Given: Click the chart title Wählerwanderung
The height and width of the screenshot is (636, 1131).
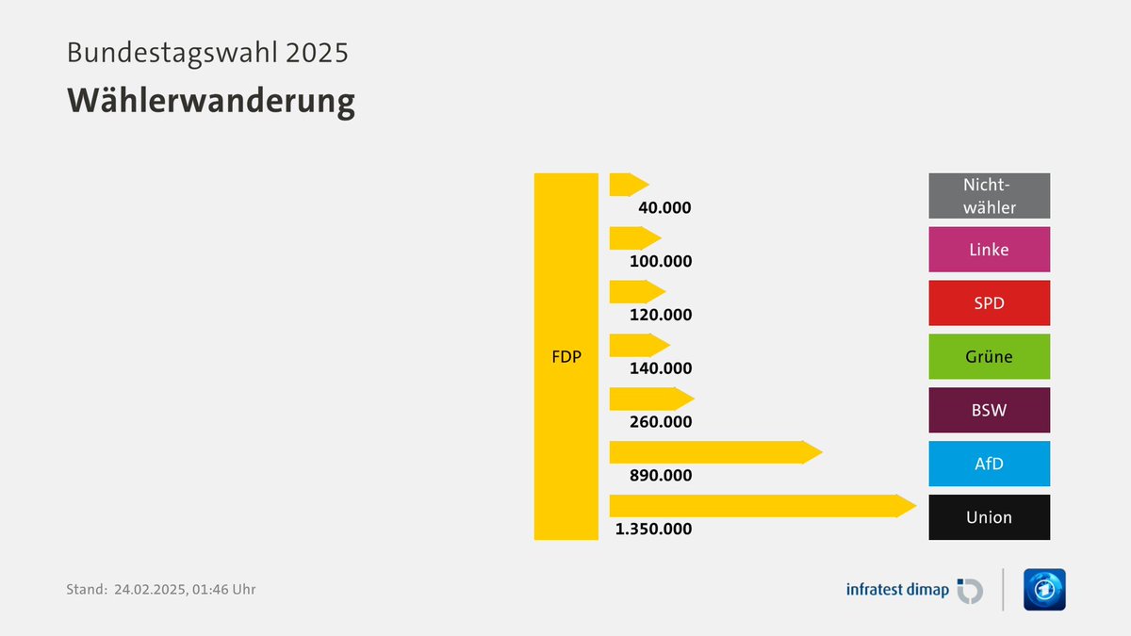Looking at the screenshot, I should click(210, 101).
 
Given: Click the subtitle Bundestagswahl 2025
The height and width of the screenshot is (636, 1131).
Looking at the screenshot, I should click(207, 52).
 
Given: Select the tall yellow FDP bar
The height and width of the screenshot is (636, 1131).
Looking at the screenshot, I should click(565, 356).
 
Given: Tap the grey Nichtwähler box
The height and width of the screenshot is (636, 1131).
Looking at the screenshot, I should click(989, 196).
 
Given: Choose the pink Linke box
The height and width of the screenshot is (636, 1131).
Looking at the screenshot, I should click(989, 250).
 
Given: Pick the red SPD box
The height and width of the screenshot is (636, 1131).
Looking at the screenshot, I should click(989, 303).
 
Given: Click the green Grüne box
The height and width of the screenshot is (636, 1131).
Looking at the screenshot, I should click(989, 357).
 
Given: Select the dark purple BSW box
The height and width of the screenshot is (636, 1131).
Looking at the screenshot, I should click(989, 411).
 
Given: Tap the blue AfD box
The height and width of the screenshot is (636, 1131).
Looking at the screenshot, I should click(989, 464).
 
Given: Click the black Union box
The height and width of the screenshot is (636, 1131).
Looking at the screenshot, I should click(989, 517).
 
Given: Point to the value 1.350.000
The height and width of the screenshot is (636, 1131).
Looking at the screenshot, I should click(653, 530).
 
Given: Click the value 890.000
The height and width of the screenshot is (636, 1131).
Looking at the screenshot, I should click(660, 476).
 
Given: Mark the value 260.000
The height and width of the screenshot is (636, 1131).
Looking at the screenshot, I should click(660, 422).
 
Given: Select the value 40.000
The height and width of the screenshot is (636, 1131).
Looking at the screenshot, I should click(664, 207).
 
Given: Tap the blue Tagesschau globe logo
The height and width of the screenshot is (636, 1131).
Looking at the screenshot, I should click(1044, 590).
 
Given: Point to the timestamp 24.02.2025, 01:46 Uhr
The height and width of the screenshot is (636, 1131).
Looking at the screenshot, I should click(185, 590).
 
